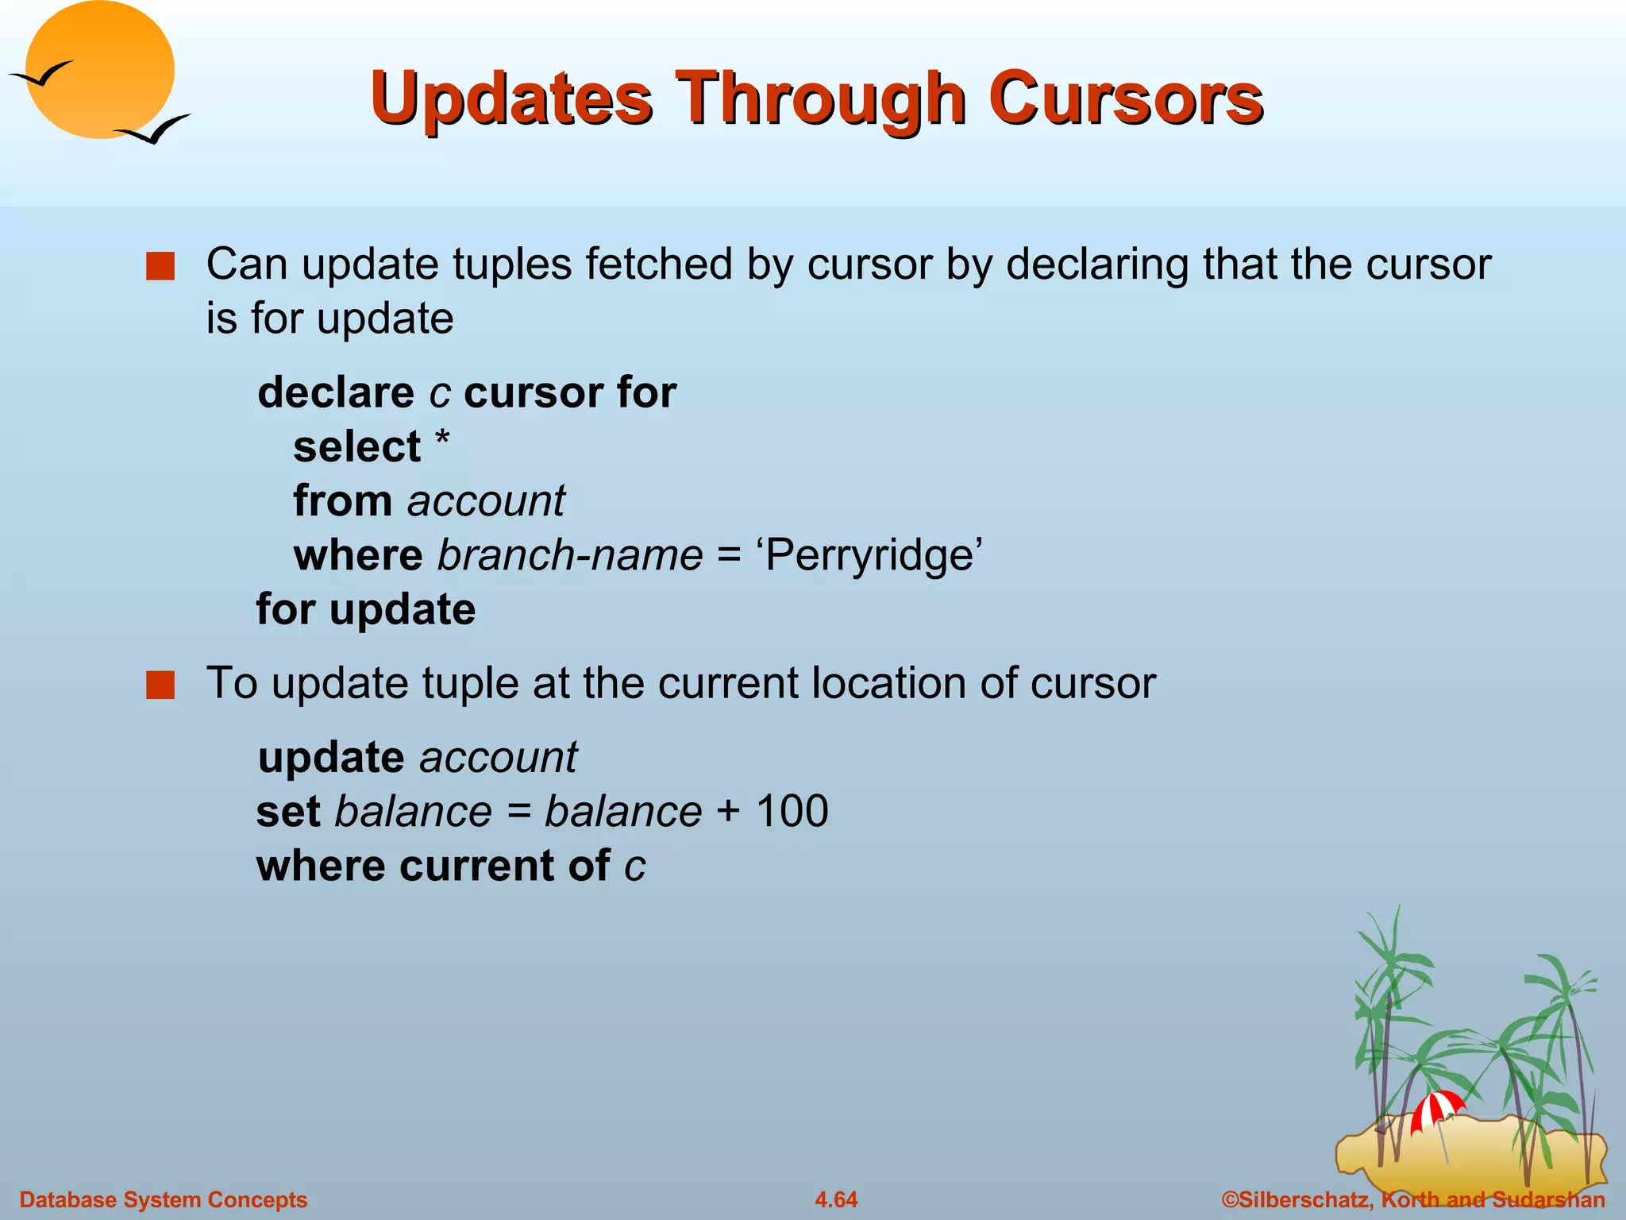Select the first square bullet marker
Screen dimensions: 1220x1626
tap(160, 267)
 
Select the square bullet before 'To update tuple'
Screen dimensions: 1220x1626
tap(160, 685)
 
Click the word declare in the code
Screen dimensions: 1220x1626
tap(336, 393)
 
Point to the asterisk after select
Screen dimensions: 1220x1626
tap(442, 439)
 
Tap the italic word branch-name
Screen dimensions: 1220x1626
tap(570, 555)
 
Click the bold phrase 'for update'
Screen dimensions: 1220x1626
tap(366, 610)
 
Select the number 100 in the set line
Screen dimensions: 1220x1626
tap(792, 812)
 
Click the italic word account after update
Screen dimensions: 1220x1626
tap(498, 758)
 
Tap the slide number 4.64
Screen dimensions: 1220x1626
tap(836, 1199)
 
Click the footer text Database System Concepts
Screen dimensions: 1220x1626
tap(163, 1199)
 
